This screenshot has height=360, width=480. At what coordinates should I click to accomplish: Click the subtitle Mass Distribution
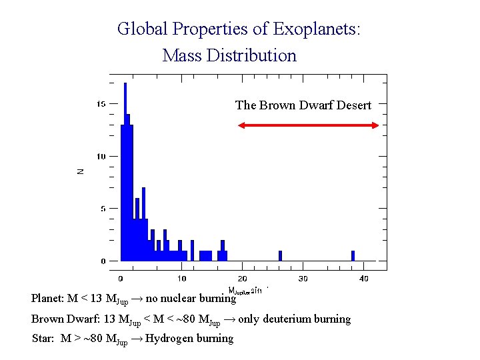[229, 55]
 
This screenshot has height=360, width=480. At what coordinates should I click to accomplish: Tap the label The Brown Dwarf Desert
[303, 105]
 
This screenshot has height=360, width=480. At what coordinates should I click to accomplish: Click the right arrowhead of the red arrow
[375, 125]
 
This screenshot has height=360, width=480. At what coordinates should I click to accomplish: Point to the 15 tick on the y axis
[101, 104]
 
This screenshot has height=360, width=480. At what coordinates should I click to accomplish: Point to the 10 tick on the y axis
[101, 157]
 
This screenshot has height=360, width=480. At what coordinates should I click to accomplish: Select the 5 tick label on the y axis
[103, 209]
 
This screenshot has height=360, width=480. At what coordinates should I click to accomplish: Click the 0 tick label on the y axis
[103, 261]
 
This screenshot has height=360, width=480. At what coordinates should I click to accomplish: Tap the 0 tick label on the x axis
[121, 278]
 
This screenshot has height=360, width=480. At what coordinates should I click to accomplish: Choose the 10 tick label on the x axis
[181, 278]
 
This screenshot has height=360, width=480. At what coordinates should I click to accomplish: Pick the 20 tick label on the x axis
[242, 278]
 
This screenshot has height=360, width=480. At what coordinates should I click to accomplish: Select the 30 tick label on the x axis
[303, 278]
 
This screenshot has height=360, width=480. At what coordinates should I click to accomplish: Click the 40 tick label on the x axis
[363, 278]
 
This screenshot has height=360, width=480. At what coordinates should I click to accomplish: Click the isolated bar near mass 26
[280, 256]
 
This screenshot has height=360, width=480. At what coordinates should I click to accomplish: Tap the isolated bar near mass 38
[353, 256]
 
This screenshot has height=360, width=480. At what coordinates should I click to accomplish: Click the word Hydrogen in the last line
[169, 339]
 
